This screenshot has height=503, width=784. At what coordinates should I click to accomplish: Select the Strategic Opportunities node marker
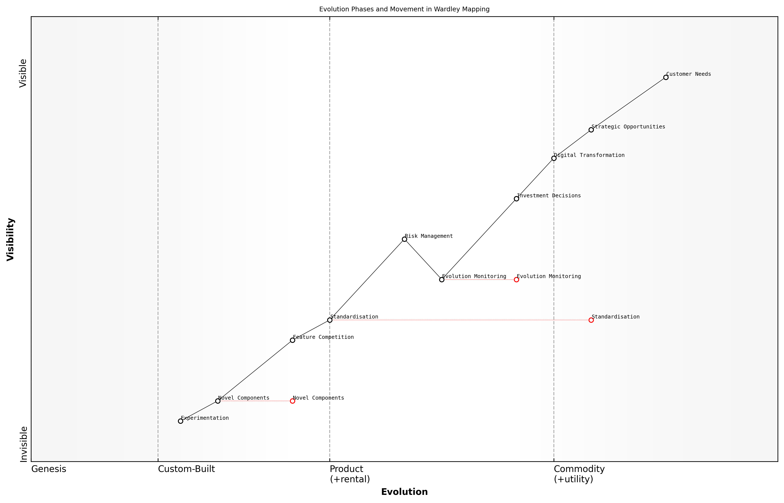[x=591, y=130]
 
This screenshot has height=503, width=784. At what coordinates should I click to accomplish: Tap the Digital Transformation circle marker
[x=554, y=158]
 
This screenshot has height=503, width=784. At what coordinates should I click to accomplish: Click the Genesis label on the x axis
[x=49, y=469]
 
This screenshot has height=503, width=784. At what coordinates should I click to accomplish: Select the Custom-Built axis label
[x=186, y=469]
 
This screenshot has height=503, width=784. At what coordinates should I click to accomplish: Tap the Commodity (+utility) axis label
[x=579, y=474]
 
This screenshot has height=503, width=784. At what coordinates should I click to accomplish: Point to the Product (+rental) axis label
[x=350, y=474]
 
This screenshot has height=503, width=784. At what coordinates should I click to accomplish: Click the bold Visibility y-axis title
[x=10, y=240]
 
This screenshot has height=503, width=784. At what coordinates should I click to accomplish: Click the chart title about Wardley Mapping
[x=404, y=9]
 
